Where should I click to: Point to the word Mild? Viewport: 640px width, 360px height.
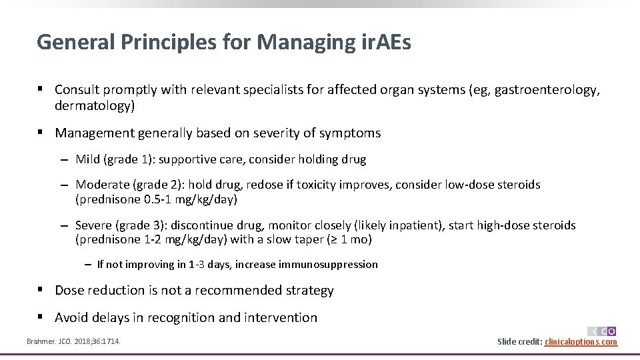tap(88, 159)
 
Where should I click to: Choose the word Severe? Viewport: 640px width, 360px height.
tap(93, 225)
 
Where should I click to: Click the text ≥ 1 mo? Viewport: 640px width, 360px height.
tap(347, 240)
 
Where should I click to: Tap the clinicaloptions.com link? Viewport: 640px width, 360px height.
tap(581, 342)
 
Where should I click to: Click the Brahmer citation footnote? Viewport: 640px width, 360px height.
tap(73, 341)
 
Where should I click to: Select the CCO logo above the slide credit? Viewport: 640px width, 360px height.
tap(601, 331)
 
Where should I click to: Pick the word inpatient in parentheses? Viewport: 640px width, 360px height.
tap(417, 225)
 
